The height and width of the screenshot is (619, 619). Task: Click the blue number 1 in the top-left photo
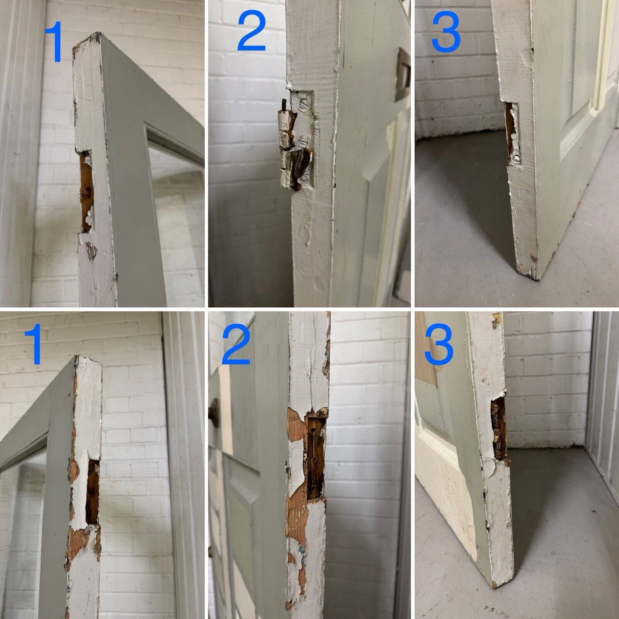point(54,41)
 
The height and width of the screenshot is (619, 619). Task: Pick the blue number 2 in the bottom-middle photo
point(236,345)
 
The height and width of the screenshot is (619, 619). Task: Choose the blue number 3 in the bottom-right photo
point(439,344)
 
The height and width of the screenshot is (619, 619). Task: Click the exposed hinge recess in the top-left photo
point(86,191)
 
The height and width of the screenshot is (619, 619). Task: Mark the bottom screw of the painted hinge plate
point(306,174)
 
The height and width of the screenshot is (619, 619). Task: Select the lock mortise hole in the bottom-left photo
point(93,491)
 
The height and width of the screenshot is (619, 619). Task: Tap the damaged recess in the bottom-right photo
point(499,429)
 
